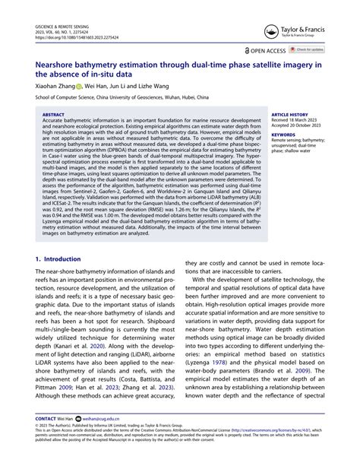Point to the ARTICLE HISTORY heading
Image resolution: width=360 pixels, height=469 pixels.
[x=289, y=115]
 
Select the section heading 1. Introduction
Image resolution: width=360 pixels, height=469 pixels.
[x=58, y=259]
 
